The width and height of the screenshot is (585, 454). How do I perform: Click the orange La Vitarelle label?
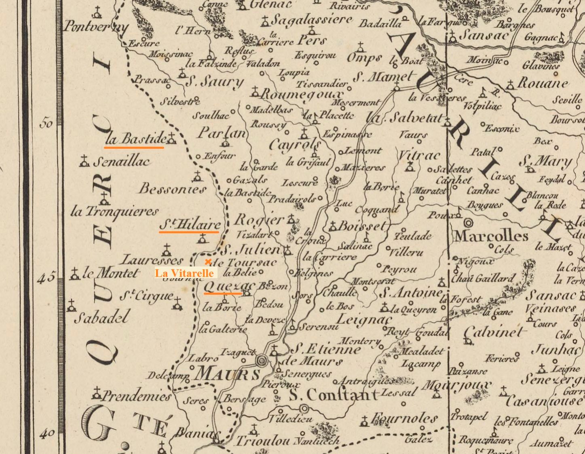(x=185, y=273)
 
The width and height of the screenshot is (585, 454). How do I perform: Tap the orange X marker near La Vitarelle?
(x=208, y=262)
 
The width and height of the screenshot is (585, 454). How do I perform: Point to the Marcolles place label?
(x=491, y=236)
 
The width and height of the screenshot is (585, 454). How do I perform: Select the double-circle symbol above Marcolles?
(x=469, y=222)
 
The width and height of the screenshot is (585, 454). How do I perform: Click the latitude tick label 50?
(x=46, y=123)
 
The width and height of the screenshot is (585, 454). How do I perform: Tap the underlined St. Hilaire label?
(x=190, y=224)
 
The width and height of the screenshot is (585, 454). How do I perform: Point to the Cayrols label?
(x=295, y=144)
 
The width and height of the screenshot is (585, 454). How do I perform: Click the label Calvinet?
(x=495, y=333)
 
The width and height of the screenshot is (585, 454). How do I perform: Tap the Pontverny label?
(x=95, y=27)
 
